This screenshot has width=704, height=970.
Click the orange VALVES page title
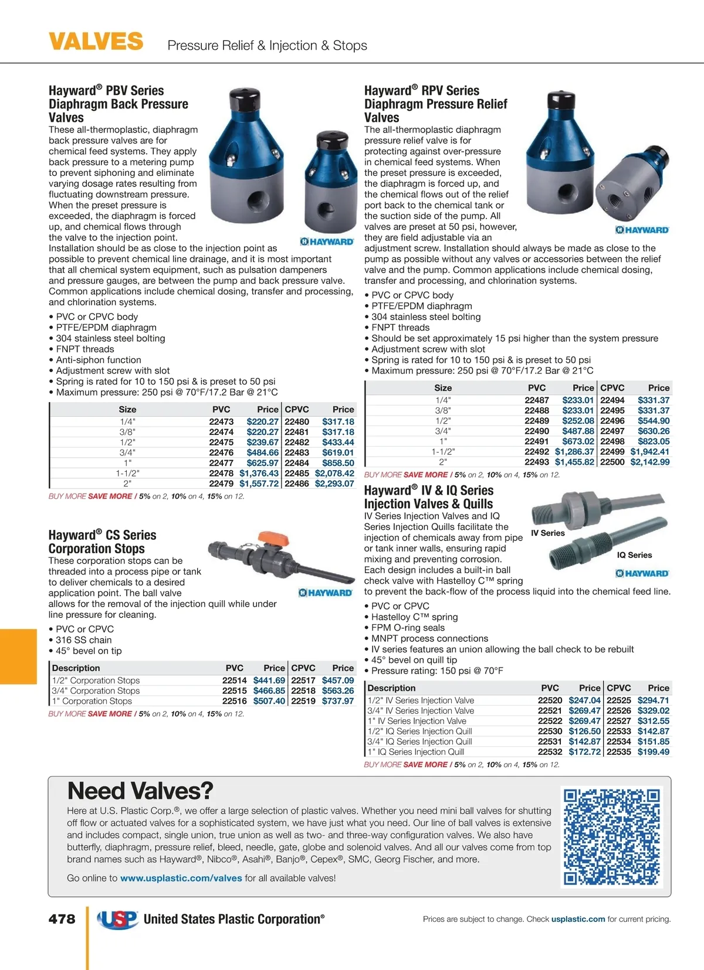coord(96,42)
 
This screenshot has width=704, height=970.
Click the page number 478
coord(62,918)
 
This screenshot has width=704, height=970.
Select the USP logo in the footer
coord(118,919)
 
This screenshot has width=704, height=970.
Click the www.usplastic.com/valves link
coord(181,878)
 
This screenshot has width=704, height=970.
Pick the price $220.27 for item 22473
coord(262,421)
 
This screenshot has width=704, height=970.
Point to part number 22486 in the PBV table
coord(297,484)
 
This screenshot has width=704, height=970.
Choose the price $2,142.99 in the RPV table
coord(649,462)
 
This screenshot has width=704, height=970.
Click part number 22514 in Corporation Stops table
coord(234,680)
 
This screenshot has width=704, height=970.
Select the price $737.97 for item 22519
coord(338,701)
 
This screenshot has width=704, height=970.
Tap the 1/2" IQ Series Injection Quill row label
coord(419,731)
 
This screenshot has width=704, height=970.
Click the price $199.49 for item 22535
coord(653,752)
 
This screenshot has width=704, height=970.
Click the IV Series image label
coord(547,533)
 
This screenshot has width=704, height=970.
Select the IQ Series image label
coord(634,555)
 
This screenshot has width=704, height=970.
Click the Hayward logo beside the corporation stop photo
coord(325,593)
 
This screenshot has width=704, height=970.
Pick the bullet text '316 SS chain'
coord(83,640)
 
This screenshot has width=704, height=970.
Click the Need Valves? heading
coord(140,791)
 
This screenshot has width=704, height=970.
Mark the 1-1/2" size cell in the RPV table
coord(443,452)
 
